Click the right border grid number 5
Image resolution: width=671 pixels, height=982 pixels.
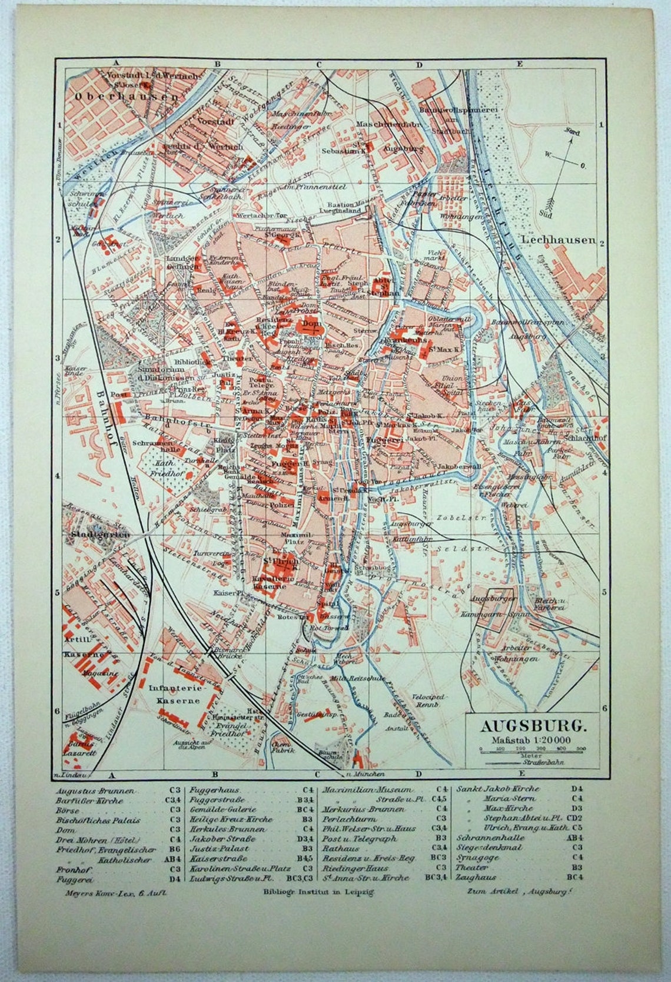coord(602,593)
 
